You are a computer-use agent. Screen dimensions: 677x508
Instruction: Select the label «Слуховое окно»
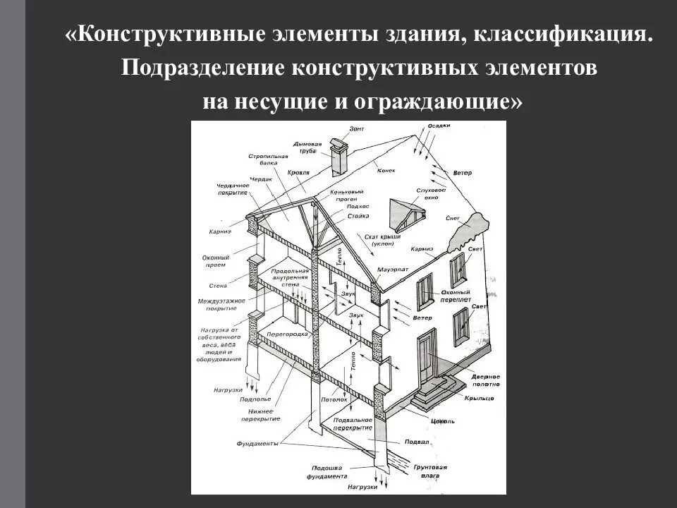point(431,193)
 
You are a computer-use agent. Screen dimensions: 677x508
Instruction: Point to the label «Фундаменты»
point(258,443)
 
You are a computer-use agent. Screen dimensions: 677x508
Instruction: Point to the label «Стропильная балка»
point(269,159)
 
